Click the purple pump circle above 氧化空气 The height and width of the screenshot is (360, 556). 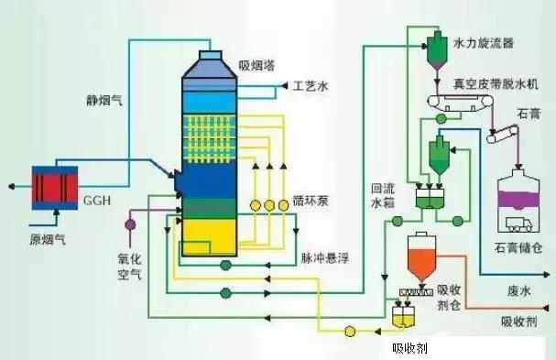click(130, 223)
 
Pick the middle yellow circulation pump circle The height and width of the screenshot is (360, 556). click(270, 203)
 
